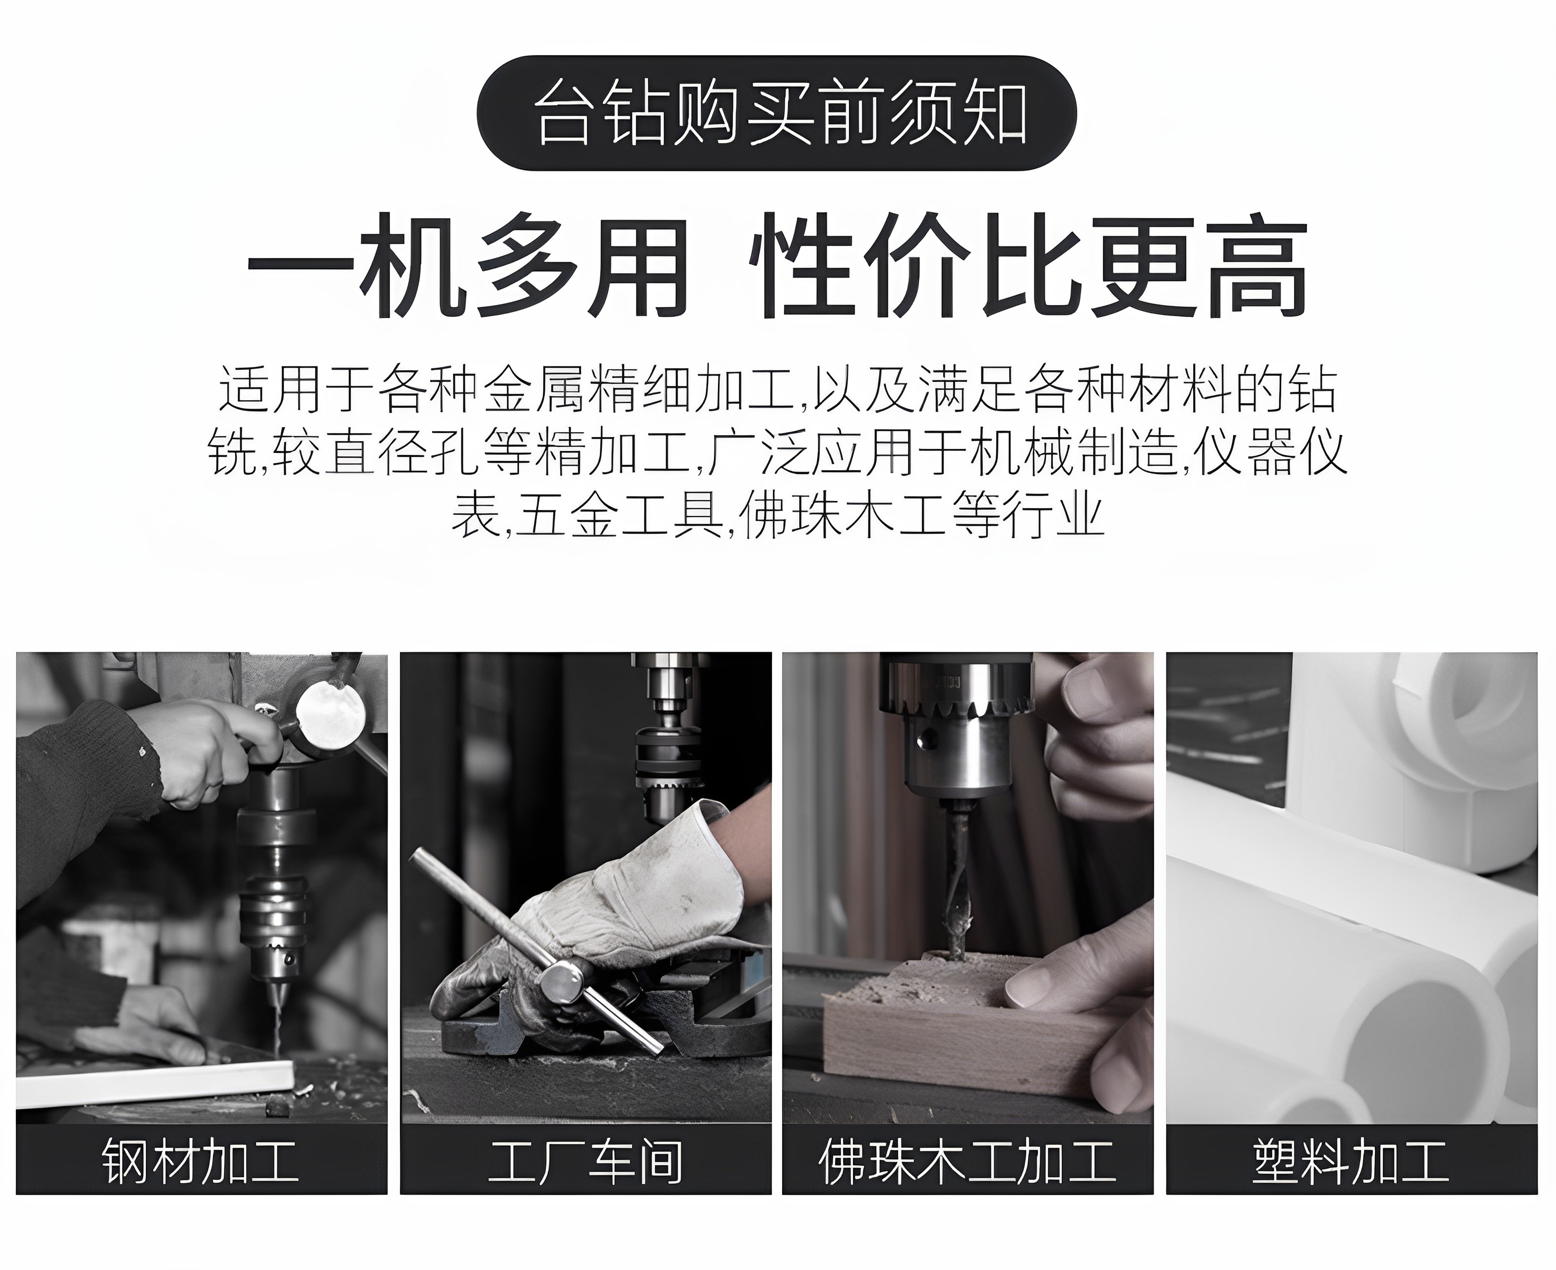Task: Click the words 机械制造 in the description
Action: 1073,453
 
